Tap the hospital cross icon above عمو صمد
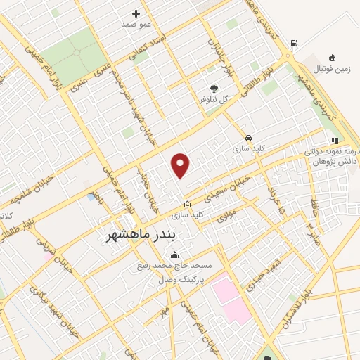tap(136, 13)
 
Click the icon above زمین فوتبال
tap(332, 58)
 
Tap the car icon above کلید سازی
tap(248, 138)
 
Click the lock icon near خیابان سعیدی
tap(187, 204)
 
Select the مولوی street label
tap(224, 217)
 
